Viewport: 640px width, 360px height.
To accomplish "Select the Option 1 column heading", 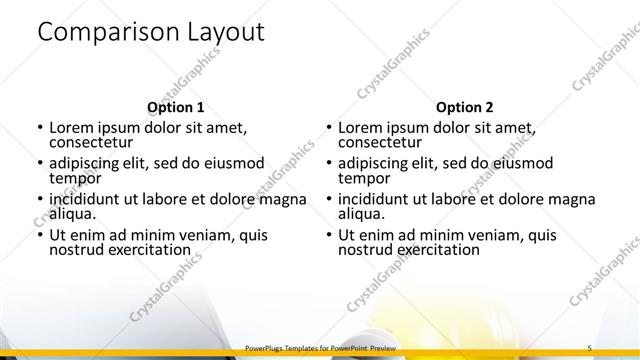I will click(x=175, y=107).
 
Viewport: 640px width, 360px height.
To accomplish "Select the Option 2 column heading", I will click(x=464, y=107).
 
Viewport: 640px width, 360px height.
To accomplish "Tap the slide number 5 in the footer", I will click(x=590, y=347).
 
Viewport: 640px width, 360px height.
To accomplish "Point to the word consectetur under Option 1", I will click(x=92, y=143).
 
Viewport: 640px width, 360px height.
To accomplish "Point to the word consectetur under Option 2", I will click(x=380, y=143).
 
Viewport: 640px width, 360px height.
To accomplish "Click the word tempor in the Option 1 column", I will click(x=75, y=179).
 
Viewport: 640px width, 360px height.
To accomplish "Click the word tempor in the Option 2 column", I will click(x=363, y=179).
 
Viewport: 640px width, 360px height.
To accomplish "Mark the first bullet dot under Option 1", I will click(x=38, y=129).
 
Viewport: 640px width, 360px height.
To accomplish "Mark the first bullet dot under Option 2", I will click(x=327, y=129).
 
